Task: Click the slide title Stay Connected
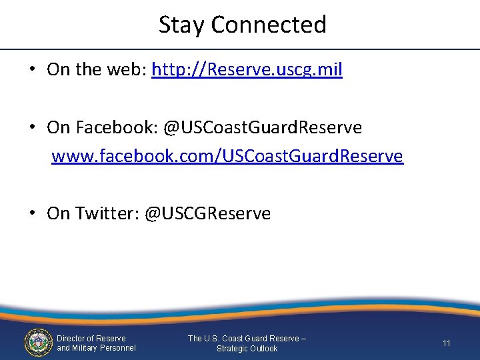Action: pos(243,25)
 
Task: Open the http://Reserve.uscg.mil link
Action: pos(247,70)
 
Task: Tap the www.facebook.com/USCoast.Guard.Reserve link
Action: pos(227,156)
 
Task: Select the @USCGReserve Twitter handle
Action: pos(207,213)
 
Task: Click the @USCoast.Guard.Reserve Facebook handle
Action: pos(263,127)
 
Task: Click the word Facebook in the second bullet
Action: pos(115,127)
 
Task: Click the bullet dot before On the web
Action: pos(33,70)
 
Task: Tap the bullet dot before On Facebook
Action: pos(33,127)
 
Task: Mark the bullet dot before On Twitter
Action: pos(33,213)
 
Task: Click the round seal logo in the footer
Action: pos(38,343)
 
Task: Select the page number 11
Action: pos(447,343)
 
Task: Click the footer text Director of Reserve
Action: pos(91,338)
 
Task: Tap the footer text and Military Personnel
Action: pos(96,348)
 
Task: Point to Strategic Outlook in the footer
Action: pos(247,349)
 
